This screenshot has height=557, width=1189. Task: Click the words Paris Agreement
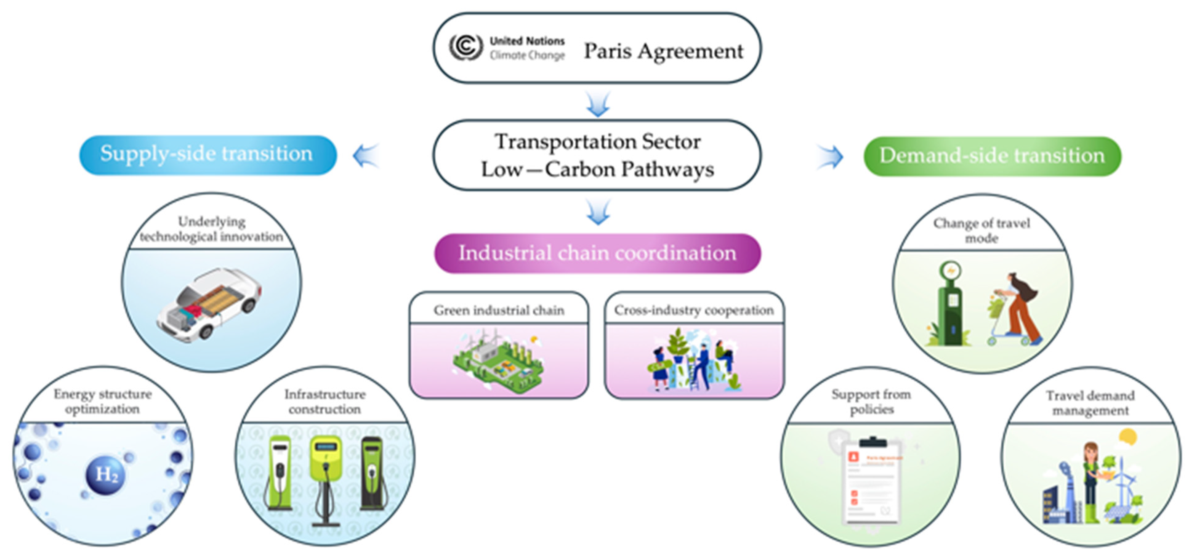click(663, 51)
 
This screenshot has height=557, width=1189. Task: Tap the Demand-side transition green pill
click(992, 156)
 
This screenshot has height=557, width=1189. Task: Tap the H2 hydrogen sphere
click(106, 475)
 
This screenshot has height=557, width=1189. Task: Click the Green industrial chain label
click(498, 310)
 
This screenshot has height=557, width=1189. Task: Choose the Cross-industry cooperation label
click(693, 310)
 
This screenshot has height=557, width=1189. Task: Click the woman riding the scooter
click(1018, 309)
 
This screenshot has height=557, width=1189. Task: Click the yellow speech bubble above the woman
click(1128, 436)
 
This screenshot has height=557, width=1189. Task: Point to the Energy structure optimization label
click(103, 401)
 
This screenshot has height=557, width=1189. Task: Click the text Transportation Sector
click(597, 141)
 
